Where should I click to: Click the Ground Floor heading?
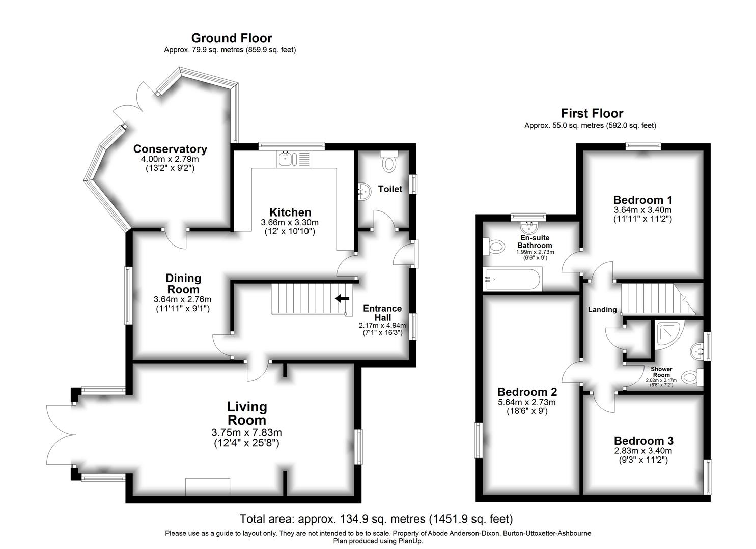pyautogui.click(x=231, y=38)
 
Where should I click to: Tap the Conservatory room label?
pyautogui.click(x=170, y=149)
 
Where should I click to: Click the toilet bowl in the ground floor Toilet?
pyautogui.click(x=389, y=163)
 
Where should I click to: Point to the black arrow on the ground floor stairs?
pyautogui.click(x=342, y=298)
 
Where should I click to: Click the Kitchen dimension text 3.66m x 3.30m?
pyautogui.click(x=290, y=222)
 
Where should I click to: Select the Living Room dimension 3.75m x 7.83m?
pyautogui.click(x=246, y=433)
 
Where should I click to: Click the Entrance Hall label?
pyautogui.click(x=382, y=313)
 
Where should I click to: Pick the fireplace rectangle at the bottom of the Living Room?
pyautogui.click(x=207, y=487)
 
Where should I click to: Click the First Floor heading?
pyautogui.click(x=592, y=113)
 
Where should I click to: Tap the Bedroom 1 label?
pyautogui.click(x=642, y=200)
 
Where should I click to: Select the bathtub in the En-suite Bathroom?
pyautogui.click(x=512, y=279)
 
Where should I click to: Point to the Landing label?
pyautogui.click(x=602, y=310)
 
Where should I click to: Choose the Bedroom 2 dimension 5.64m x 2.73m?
pyautogui.click(x=527, y=402)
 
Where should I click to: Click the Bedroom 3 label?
pyautogui.click(x=643, y=441)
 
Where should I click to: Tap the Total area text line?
pyautogui.click(x=376, y=519)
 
